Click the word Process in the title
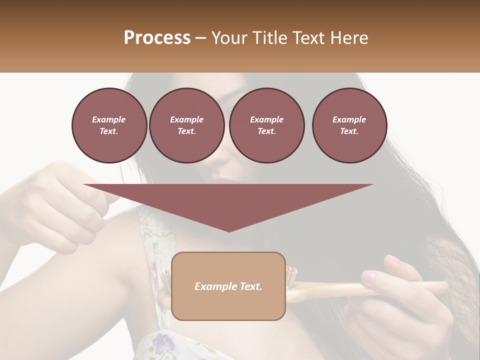pyautogui.click(x=157, y=38)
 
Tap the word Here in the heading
pyautogui.click(x=349, y=38)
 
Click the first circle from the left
pyautogui.click(x=109, y=125)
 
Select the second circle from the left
pyautogui.click(x=186, y=125)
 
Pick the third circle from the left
pyautogui.click(x=266, y=125)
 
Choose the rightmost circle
pyautogui.click(x=349, y=125)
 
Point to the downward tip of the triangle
pyautogui.click(x=229, y=230)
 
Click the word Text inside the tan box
pyautogui.click(x=251, y=286)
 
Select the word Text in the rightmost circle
pyautogui.click(x=349, y=131)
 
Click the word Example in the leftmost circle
pyautogui.click(x=109, y=119)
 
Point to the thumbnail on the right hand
pyautogui.click(x=368, y=275)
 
